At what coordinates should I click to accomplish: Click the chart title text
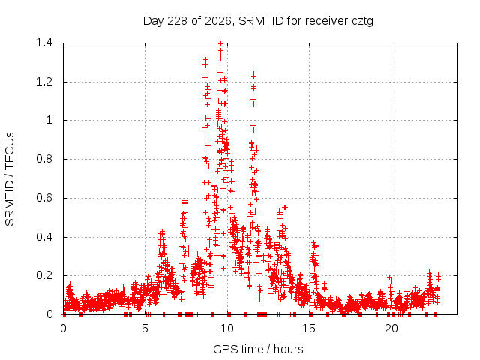pyautogui.click(x=258, y=21)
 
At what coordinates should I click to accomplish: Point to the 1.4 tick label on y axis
pyautogui.click(x=44, y=43)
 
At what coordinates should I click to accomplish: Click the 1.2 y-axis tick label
pyautogui.click(x=44, y=82)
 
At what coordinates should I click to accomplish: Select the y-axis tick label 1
pyautogui.click(x=49, y=120)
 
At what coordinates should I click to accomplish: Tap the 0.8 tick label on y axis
pyautogui.click(x=44, y=159)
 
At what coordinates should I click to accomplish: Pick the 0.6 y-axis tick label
pyautogui.click(x=44, y=198)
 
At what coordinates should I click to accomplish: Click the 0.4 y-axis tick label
pyautogui.click(x=44, y=237)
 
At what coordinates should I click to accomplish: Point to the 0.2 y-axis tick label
pyautogui.click(x=44, y=275)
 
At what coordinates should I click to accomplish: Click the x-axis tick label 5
pyautogui.click(x=145, y=328)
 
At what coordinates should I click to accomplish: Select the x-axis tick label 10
pyautogui.click(x=227, y=328)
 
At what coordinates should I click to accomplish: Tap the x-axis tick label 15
pyautogui.click(x=309, y=328)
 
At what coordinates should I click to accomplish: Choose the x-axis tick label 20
pyautogui.click(x=391, y=328)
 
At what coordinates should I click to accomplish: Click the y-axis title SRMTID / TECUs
pyautogui.click(x=10, y=179)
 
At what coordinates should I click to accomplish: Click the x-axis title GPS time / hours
pyautogui.click(x=258, y=349)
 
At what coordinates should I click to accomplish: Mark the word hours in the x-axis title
pyautogui.click(x=288, y=349)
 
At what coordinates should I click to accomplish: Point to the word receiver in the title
pyautogui.click(x=327, y=21)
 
